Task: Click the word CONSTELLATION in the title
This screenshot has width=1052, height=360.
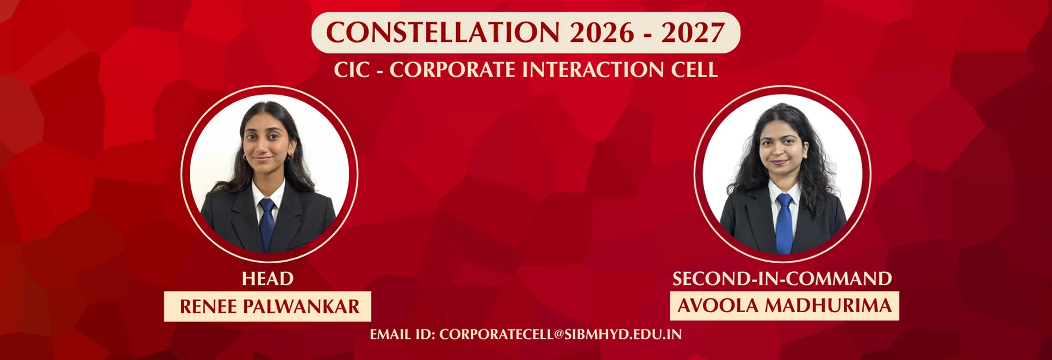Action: click(443, 33)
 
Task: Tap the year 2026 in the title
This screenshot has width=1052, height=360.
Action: click(602, 33)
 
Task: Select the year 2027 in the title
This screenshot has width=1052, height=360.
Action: click(693, 33)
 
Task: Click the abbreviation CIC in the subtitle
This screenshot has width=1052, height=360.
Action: click(352, 70)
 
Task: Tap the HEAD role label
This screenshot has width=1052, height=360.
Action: click(267, 278)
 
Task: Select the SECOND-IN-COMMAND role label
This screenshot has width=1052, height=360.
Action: click(782, 278)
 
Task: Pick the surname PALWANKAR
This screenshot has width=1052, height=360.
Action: click(301, 307)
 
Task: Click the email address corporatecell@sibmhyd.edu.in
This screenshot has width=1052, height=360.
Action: click(561, 334)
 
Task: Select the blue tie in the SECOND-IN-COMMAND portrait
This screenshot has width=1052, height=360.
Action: click(784, 224)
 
